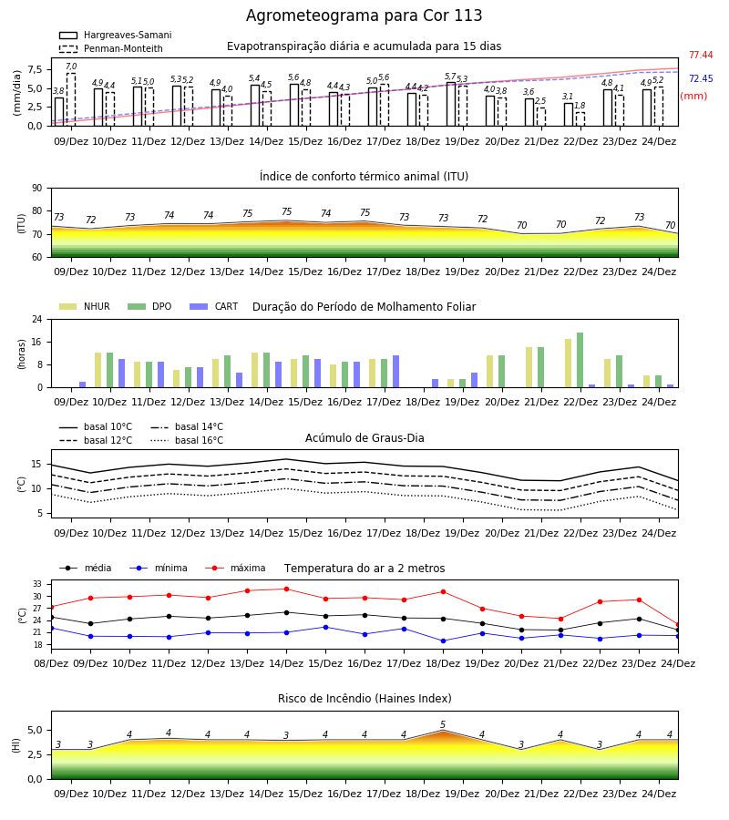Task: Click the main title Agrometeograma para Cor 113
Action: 364,15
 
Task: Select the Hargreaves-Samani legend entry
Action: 115,35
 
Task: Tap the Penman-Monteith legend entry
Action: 111,48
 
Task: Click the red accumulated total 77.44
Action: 701,55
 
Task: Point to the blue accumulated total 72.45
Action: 701,78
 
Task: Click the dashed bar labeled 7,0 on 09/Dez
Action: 71,99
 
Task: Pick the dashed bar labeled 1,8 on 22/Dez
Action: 580,119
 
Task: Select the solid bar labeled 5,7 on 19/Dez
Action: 451,104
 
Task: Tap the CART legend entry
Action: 214,306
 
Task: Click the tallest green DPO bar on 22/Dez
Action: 580,360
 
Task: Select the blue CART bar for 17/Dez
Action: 395,372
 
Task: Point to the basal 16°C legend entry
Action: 187,440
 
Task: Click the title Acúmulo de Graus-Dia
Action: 364,437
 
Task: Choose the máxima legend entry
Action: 236,568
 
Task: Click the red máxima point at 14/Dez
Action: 286,589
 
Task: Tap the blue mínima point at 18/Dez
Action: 444,641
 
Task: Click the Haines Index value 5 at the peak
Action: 443,724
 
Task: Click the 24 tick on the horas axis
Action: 36,319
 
